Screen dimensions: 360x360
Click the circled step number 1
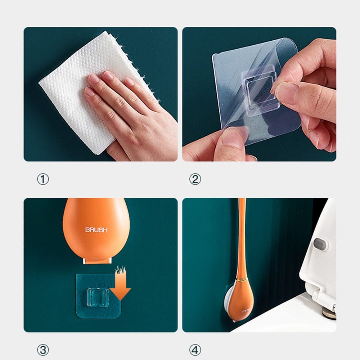point(43,179)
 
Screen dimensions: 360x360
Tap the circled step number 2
point(195,179)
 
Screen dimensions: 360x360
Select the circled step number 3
point(43,350)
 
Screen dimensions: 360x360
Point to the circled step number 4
point(195,350)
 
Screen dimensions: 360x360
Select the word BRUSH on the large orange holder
point(96,230)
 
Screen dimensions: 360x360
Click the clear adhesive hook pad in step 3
point(86,306)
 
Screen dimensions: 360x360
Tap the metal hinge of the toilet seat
point(329,310)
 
